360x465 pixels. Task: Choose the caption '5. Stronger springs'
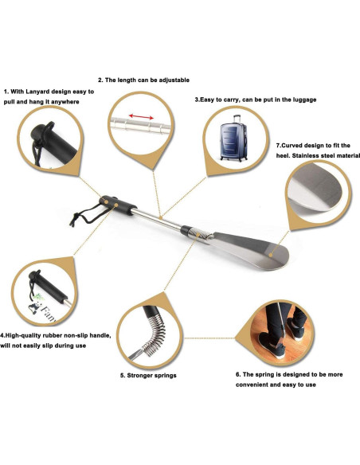pos(147,374)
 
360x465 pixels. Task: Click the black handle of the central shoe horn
pos(119,205)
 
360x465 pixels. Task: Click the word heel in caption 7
pos(284,157)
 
